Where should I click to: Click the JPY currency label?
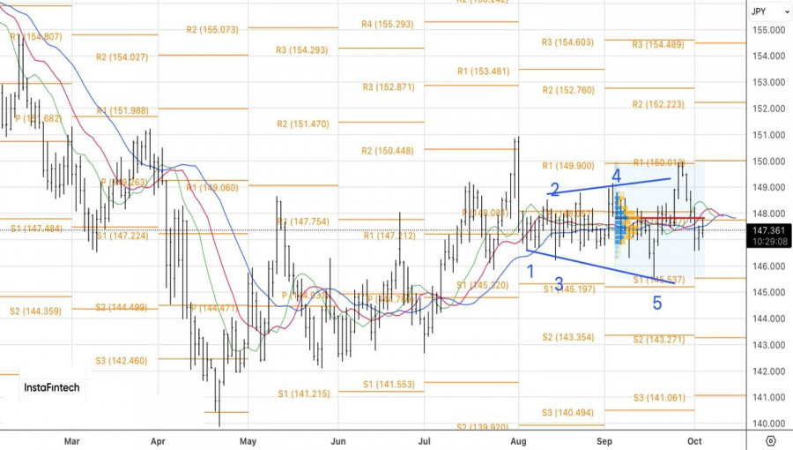758,11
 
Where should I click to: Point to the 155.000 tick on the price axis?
769,30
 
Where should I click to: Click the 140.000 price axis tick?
769,424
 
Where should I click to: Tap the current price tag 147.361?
768,230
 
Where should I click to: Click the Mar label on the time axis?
72,439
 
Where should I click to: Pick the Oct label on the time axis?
694,439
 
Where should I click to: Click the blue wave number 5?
657,304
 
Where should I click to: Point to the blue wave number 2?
555,189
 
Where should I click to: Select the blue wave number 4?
617,176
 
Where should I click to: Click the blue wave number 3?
559,284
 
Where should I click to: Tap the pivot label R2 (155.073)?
212,30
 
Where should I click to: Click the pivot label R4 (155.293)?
387,24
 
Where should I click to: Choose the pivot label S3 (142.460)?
122,360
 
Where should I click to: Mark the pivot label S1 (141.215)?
302,394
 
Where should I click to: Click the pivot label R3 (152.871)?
388,87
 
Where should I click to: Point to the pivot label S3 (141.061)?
658,398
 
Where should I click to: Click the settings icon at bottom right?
770,440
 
